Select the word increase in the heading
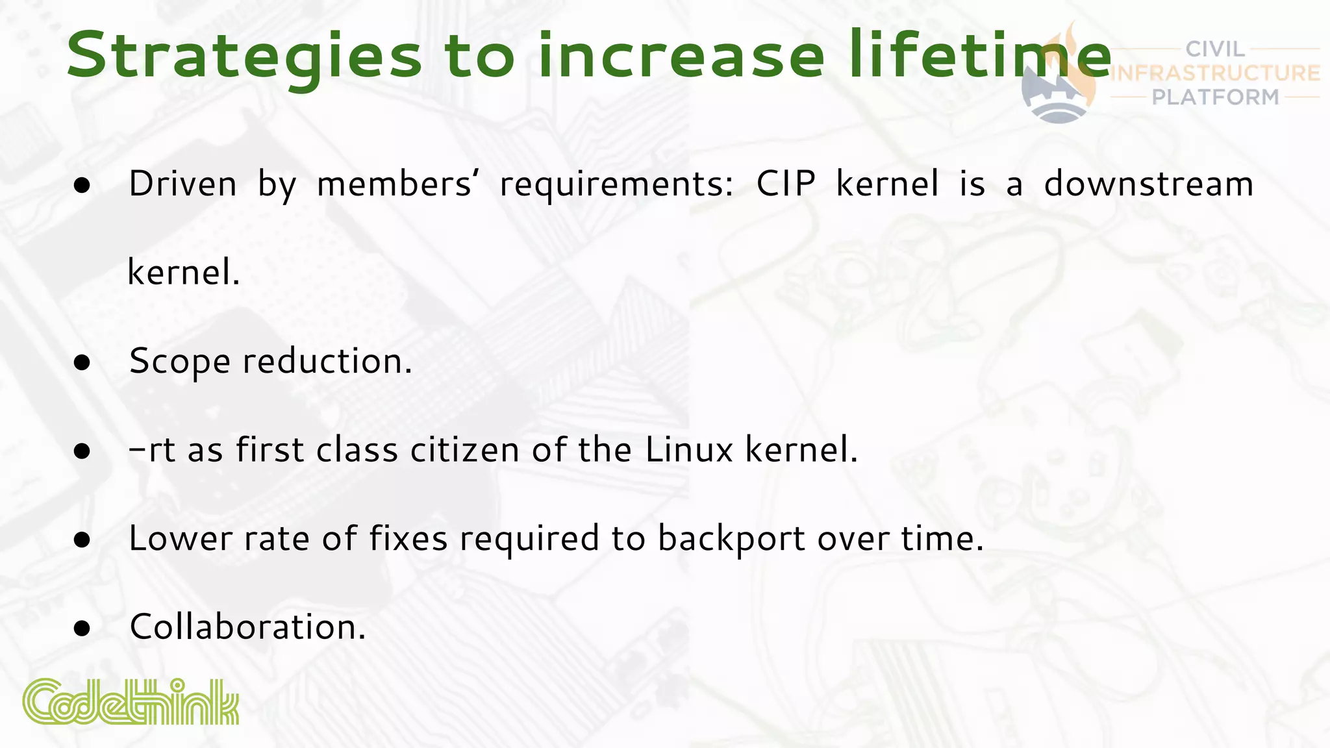(x=681, y=55)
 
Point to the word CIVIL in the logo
(x=1215, y=49)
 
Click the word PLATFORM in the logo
(x=1215, y=97)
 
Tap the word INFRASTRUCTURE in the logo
(x=1215, y=73)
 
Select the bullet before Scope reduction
(x=82, y=362)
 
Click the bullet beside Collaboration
(x=82, y=629)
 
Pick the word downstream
(x=1148, y=184)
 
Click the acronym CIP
(x=786, y=184)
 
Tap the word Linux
(x=689, y=449)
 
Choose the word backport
(x=731, y=539)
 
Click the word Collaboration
(x=247, y=627)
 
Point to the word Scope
(x=179, y=362)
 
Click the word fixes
(x=408, y=538)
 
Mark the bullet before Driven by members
(x=82, y=186)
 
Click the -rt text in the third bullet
(x=153, y=449)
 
